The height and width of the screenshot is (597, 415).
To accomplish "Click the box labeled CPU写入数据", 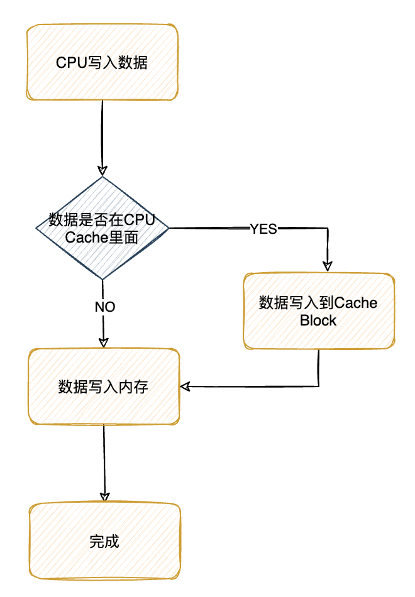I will [x=102, y=62].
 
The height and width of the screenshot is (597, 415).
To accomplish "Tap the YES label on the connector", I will [x=263, y=229].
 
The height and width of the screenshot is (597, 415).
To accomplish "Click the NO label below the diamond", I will [x=104, y=307].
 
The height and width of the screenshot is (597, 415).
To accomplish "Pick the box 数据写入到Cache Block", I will [x=319, y=310].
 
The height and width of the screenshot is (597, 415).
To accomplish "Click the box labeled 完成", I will [x=104, y=541].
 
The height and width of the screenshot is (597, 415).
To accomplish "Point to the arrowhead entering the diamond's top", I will [x=102, y=171].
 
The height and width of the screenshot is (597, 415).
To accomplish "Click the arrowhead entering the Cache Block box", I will [x=327, y=266].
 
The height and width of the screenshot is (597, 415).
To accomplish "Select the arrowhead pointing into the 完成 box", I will [x=104, y=496].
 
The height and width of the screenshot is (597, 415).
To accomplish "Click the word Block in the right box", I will [x=318, y=320].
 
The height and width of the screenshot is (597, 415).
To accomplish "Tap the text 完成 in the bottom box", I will [x=104, y=542].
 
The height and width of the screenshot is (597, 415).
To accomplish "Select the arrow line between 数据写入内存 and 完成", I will [x=104, y=459].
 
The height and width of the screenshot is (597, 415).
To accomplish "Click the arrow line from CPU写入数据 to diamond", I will [x=102, y=132].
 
